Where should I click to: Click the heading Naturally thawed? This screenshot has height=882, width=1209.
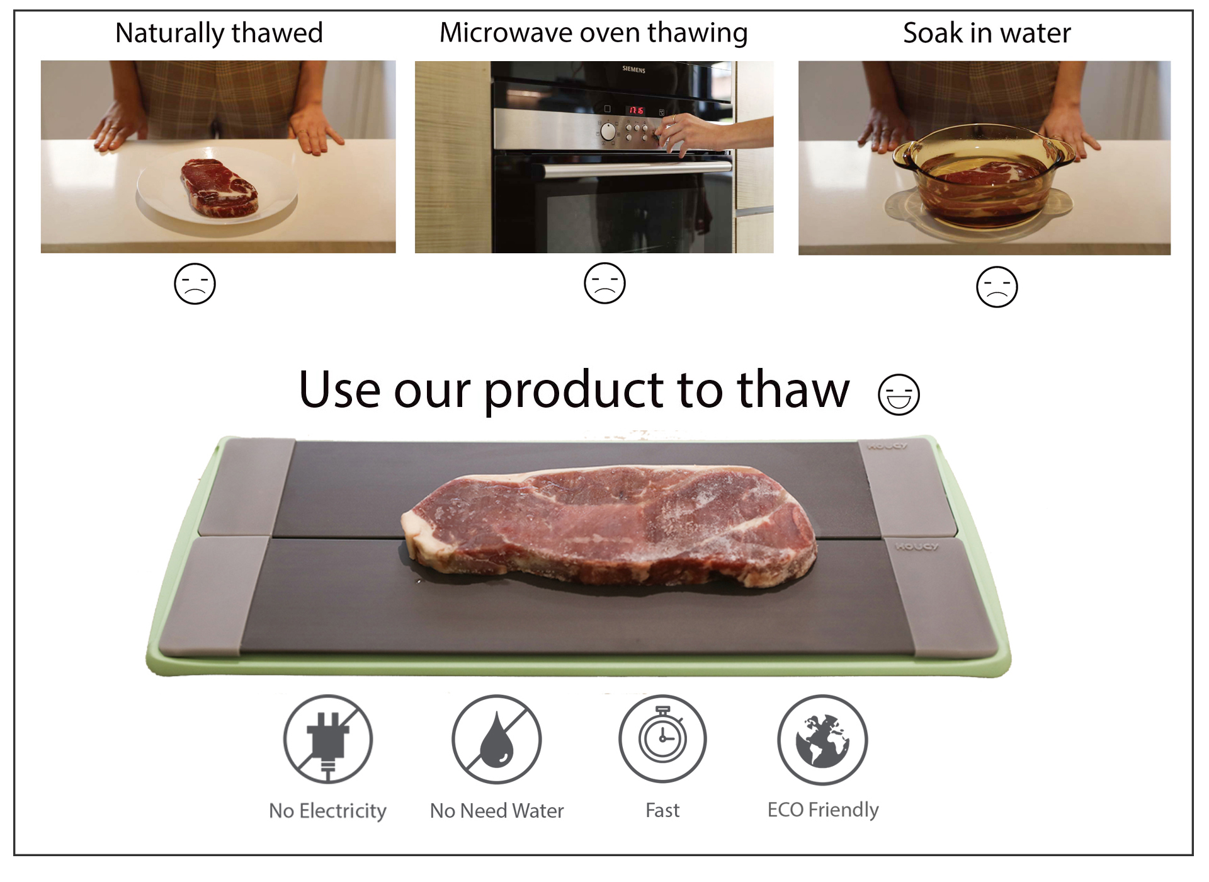click(219, 33)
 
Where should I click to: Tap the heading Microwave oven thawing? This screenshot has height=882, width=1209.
click(593, 33)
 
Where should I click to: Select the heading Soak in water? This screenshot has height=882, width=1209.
click(986, 33)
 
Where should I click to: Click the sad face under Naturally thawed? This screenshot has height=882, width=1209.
click(195, 283)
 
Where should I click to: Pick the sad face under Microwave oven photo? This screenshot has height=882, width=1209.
click(604, 283)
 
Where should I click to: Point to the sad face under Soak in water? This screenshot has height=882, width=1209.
click(996, 287)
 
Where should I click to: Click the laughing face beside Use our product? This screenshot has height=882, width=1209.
click(899, 394)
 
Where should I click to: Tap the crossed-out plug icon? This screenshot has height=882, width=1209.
click(327, 739)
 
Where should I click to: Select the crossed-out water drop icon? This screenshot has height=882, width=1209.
click(496, 739)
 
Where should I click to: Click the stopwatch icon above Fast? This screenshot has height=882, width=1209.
click(662, 738)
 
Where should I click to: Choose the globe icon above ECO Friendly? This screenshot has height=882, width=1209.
click(822, 740)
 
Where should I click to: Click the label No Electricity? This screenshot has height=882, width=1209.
click(327, 810)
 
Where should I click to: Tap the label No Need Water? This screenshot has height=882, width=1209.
click(496, 810)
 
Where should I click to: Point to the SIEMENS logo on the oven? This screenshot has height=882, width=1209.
click(633, 69)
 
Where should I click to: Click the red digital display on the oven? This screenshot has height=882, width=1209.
click(636, 111)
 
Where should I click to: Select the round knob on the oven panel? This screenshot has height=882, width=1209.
click(608, 132)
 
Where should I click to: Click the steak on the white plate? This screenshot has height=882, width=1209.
click(219, 188)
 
